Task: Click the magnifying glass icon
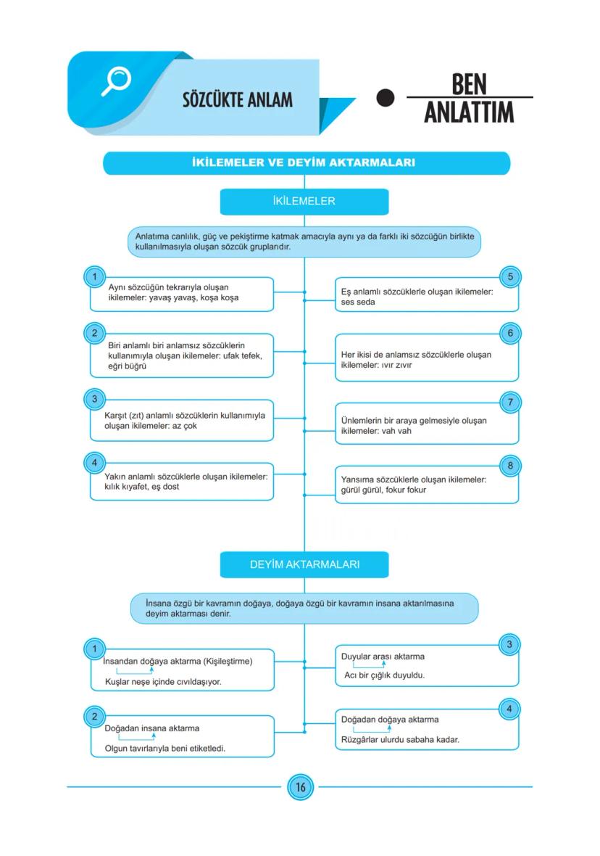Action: (115, 81)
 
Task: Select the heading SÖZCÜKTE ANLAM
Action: (238, 99)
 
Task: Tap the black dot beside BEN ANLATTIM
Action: (386, 98)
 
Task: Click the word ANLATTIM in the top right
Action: (469, 113)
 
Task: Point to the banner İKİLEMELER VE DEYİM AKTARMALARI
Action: (306, 163)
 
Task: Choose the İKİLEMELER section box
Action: (304, 201)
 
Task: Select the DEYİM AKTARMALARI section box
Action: (304, 564)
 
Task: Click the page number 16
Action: (300, 787)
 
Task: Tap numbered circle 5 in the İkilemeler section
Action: (510, 276)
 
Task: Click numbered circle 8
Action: (510, 465)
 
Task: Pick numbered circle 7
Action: (510, 402)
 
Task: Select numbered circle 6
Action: (510, 333)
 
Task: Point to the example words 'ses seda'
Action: (358, 302)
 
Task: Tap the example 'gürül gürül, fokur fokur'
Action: (383, 490)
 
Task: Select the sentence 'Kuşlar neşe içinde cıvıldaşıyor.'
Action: (163, 682)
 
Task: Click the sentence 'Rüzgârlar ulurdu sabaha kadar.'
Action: (400, 740)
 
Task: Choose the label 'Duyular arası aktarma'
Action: (383, 657)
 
